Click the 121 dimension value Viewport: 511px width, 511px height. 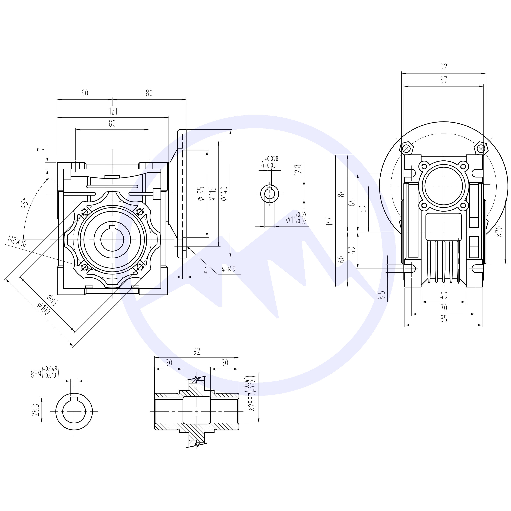(113, 111)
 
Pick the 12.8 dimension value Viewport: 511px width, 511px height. (298, 170)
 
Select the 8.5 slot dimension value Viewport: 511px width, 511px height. (381, 294)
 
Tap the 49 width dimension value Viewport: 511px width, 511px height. (444, 295)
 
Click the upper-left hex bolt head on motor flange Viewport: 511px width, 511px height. (406, 149)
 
